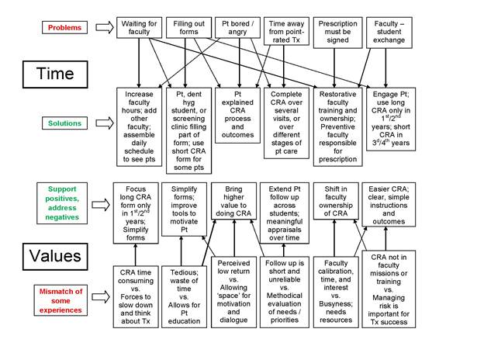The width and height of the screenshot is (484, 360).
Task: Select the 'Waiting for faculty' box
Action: pyautogui.click(x=140, y=27)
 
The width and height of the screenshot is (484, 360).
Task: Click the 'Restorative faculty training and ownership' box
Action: pyautogui.click(x=337, y=126)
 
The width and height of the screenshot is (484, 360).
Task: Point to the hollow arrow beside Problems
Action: pyautogui.click(x=104, y=28)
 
